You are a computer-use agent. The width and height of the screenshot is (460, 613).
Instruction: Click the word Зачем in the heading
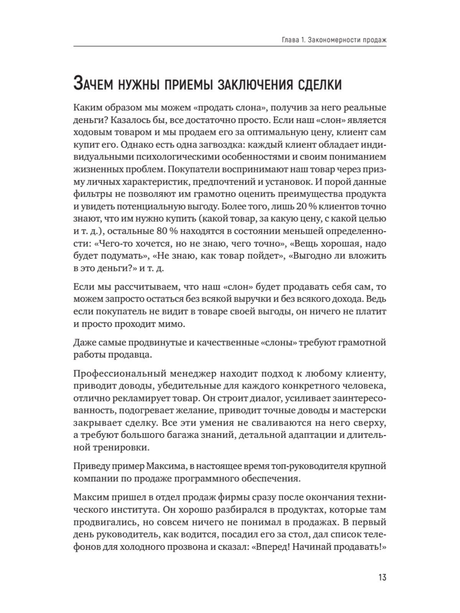92,84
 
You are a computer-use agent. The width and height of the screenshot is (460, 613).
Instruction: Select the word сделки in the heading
320,84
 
